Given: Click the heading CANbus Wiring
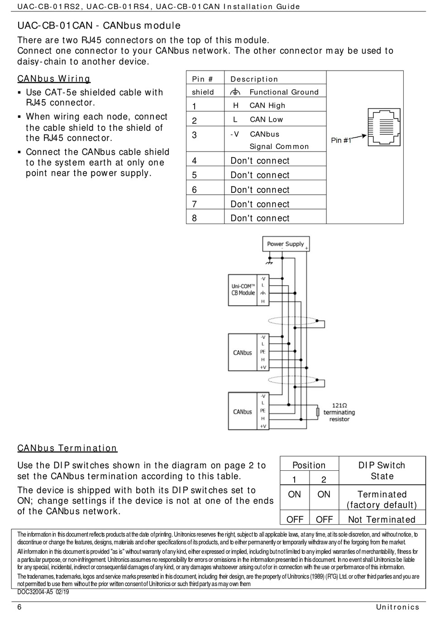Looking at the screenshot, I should [x=54, y=79].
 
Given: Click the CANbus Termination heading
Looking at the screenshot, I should [x=67, y=448].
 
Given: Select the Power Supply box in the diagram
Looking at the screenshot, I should [x=286, y=244].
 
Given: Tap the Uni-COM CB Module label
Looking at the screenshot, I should [x=244, y=290].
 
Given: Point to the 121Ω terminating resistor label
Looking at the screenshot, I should [x=339, y=412].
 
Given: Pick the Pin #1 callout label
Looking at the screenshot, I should [x=341, y=140].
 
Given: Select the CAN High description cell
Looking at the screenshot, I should [x=267, y=105].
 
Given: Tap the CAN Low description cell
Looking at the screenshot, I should [x=266, y=120].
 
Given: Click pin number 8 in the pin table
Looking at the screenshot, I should [x=195, y=218].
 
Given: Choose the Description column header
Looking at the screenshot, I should [x=254, y=79].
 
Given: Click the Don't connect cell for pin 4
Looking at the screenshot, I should [x=260, y=161].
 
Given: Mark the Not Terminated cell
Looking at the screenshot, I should [x=382, y=520].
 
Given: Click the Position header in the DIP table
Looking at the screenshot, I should [x=309, y=465].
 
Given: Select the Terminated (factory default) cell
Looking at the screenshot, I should [x=382, y=500].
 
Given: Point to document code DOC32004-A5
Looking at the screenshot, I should [x=43, y=592].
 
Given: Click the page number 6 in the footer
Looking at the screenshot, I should [x=19, y=607].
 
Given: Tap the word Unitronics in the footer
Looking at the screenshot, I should [x=397, y=607].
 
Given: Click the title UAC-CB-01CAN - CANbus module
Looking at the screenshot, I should [x=99, y=26].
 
